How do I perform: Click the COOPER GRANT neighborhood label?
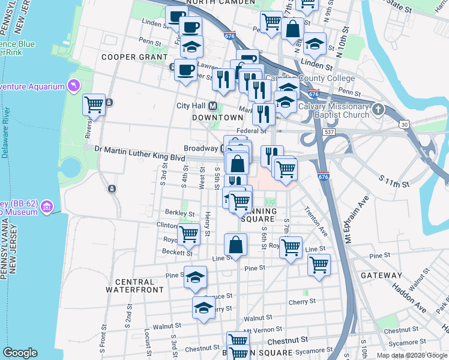pos(134,57)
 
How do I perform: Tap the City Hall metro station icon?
pos(212,106)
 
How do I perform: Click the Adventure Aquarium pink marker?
pos(74,86)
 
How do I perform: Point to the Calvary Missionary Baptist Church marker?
pos(378,110)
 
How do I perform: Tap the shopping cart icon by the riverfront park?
pos(94,105)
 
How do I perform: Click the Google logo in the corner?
pos(20,353)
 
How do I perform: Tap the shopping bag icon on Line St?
pos(236,245)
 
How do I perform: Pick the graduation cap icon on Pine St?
pos(194,277)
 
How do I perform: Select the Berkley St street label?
pos(183,213)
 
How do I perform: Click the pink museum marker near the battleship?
pos(47,207)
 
